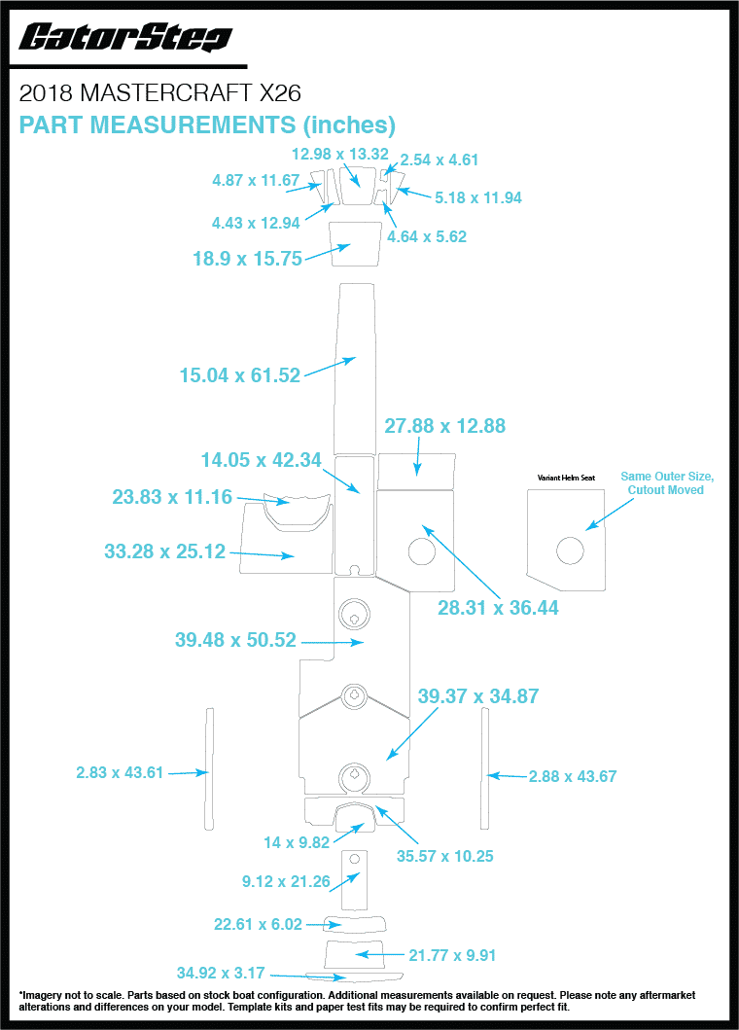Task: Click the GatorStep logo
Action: tap(125, 38)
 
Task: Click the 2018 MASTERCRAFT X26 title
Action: tap(160, 93)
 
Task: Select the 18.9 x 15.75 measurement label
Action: tap(247, 259)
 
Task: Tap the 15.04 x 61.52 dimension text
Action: tap(240, 374)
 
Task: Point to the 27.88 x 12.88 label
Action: tap(445, 426)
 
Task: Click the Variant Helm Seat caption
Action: tap(566, 478)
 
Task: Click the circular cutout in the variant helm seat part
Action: tap(570, 551)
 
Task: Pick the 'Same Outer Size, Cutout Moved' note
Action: tap(667, 482)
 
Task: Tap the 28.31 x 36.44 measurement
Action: tap(498, 608)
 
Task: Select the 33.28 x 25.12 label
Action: tap(164, 551)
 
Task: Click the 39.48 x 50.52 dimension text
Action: tap(235, 641)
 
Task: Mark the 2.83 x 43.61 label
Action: tap(120, 772)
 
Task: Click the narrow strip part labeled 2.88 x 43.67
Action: tap(483, 768)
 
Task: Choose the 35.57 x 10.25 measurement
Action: tap(445, 856)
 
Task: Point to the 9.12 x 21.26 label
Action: tap(286, 882)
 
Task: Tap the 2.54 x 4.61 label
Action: tap(440, 160)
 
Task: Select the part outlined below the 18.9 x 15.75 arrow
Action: tap(355, 242)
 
